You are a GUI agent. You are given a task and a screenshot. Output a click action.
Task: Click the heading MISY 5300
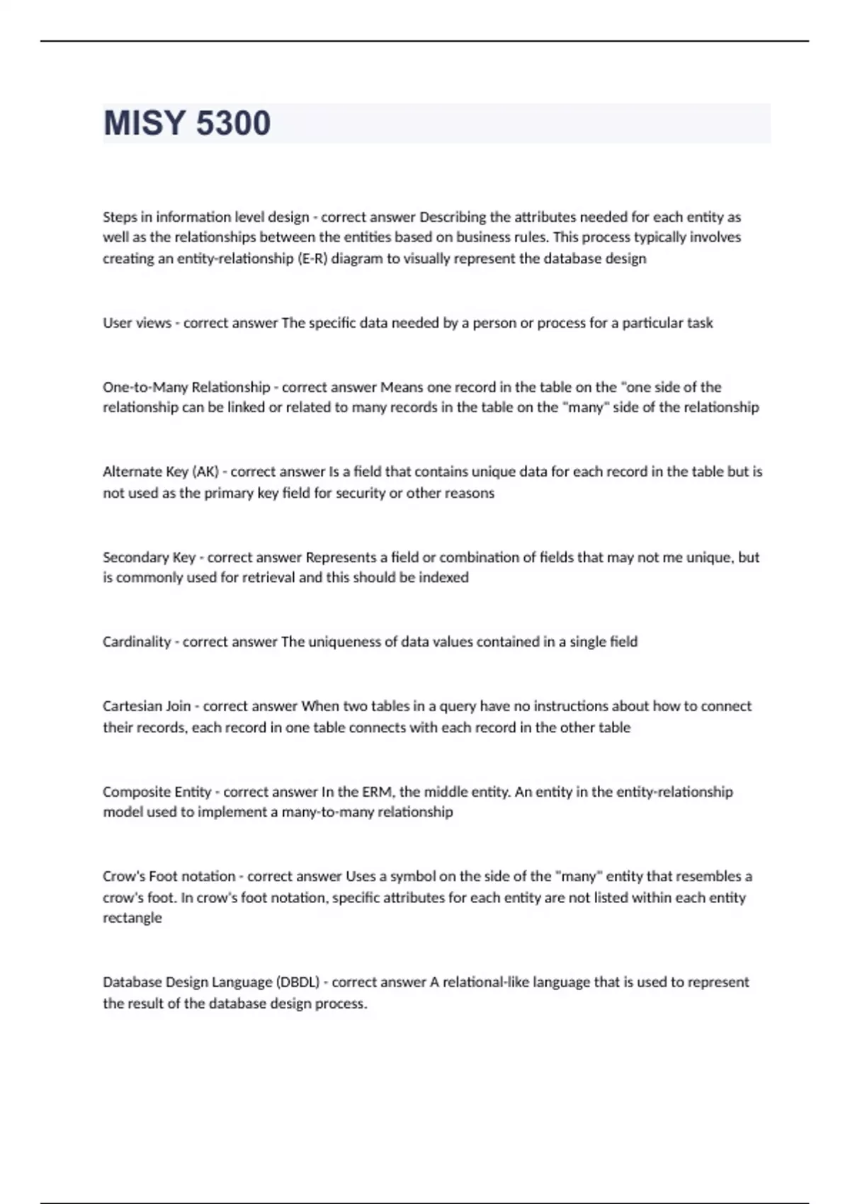187,123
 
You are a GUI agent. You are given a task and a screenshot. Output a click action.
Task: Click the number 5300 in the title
233,123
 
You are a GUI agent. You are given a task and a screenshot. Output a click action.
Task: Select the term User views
137,323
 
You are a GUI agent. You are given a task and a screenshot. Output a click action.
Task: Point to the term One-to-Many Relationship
186,387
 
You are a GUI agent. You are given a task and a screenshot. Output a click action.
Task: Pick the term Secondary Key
149,557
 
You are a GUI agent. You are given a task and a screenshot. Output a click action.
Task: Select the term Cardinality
137,642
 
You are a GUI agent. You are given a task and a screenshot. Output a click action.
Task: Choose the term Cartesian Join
147,706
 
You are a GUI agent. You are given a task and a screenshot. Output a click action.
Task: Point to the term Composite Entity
157,792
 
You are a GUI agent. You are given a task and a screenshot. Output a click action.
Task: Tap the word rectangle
132,918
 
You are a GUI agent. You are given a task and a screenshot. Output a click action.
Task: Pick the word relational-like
486,982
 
